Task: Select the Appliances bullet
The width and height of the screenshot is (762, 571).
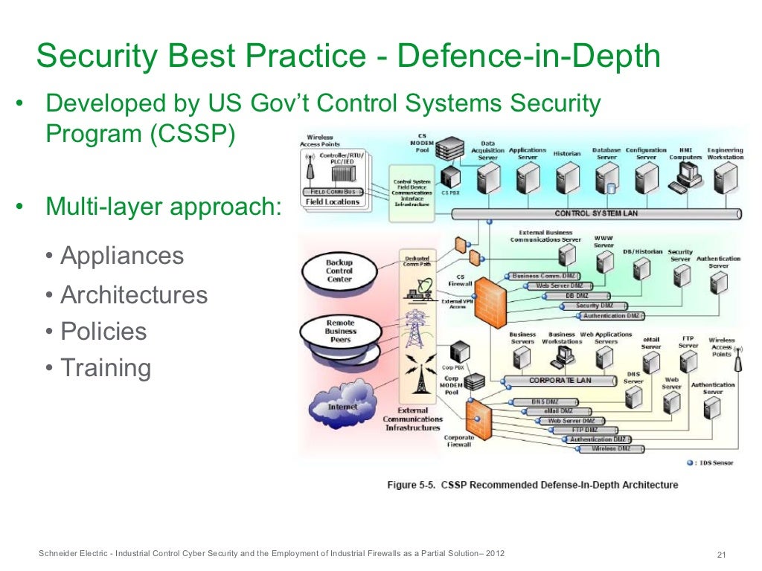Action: point(122,257)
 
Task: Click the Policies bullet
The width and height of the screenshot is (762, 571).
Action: point(103,331)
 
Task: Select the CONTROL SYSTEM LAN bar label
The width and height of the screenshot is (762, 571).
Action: point(596,213)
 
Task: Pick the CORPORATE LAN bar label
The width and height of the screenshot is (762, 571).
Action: point(560,380)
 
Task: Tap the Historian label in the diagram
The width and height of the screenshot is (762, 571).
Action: point(566,154)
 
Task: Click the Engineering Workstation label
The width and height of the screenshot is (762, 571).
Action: point(725,154)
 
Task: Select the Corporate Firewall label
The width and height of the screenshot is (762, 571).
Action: point(459,442)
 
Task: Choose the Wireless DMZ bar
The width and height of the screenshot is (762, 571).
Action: point(611,449)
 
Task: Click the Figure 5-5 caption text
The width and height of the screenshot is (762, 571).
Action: point(532,485)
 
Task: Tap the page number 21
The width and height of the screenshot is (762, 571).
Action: point(720,555)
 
